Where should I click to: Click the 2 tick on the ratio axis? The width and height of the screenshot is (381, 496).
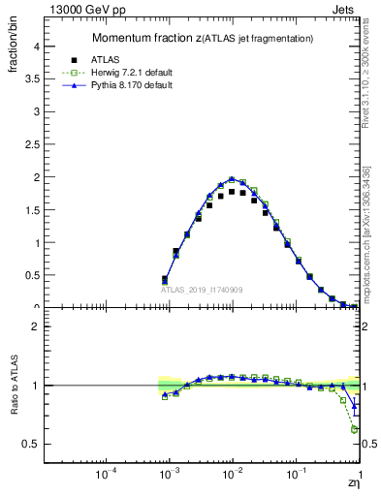pyautogui.click(x=36, y=326)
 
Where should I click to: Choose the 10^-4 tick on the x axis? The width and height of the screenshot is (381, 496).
pyautogui.click(x=107, y=476)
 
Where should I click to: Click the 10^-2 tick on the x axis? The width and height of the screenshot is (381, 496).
pyautogui.click(x=233, y=476)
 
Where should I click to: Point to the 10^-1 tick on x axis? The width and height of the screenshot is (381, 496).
pyautogui.click(x=296, y=476)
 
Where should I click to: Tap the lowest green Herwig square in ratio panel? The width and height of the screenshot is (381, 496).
pyautogui.click(x=355, y=429)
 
